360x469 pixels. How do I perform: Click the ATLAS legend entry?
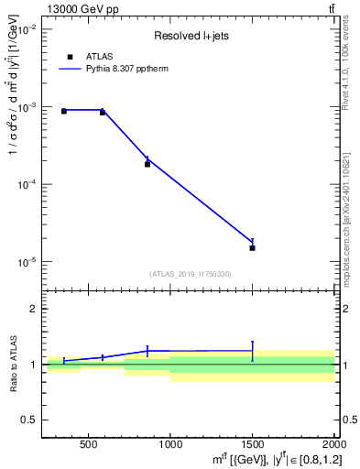98,57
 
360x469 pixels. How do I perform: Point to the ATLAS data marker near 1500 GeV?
252,247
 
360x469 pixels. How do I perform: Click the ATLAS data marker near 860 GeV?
147,164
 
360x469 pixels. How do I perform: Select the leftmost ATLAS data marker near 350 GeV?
63,111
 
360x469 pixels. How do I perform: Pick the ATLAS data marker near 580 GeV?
102,112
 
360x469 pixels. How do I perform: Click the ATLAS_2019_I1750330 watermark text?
191,274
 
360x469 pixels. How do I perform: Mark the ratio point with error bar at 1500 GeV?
252,350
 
